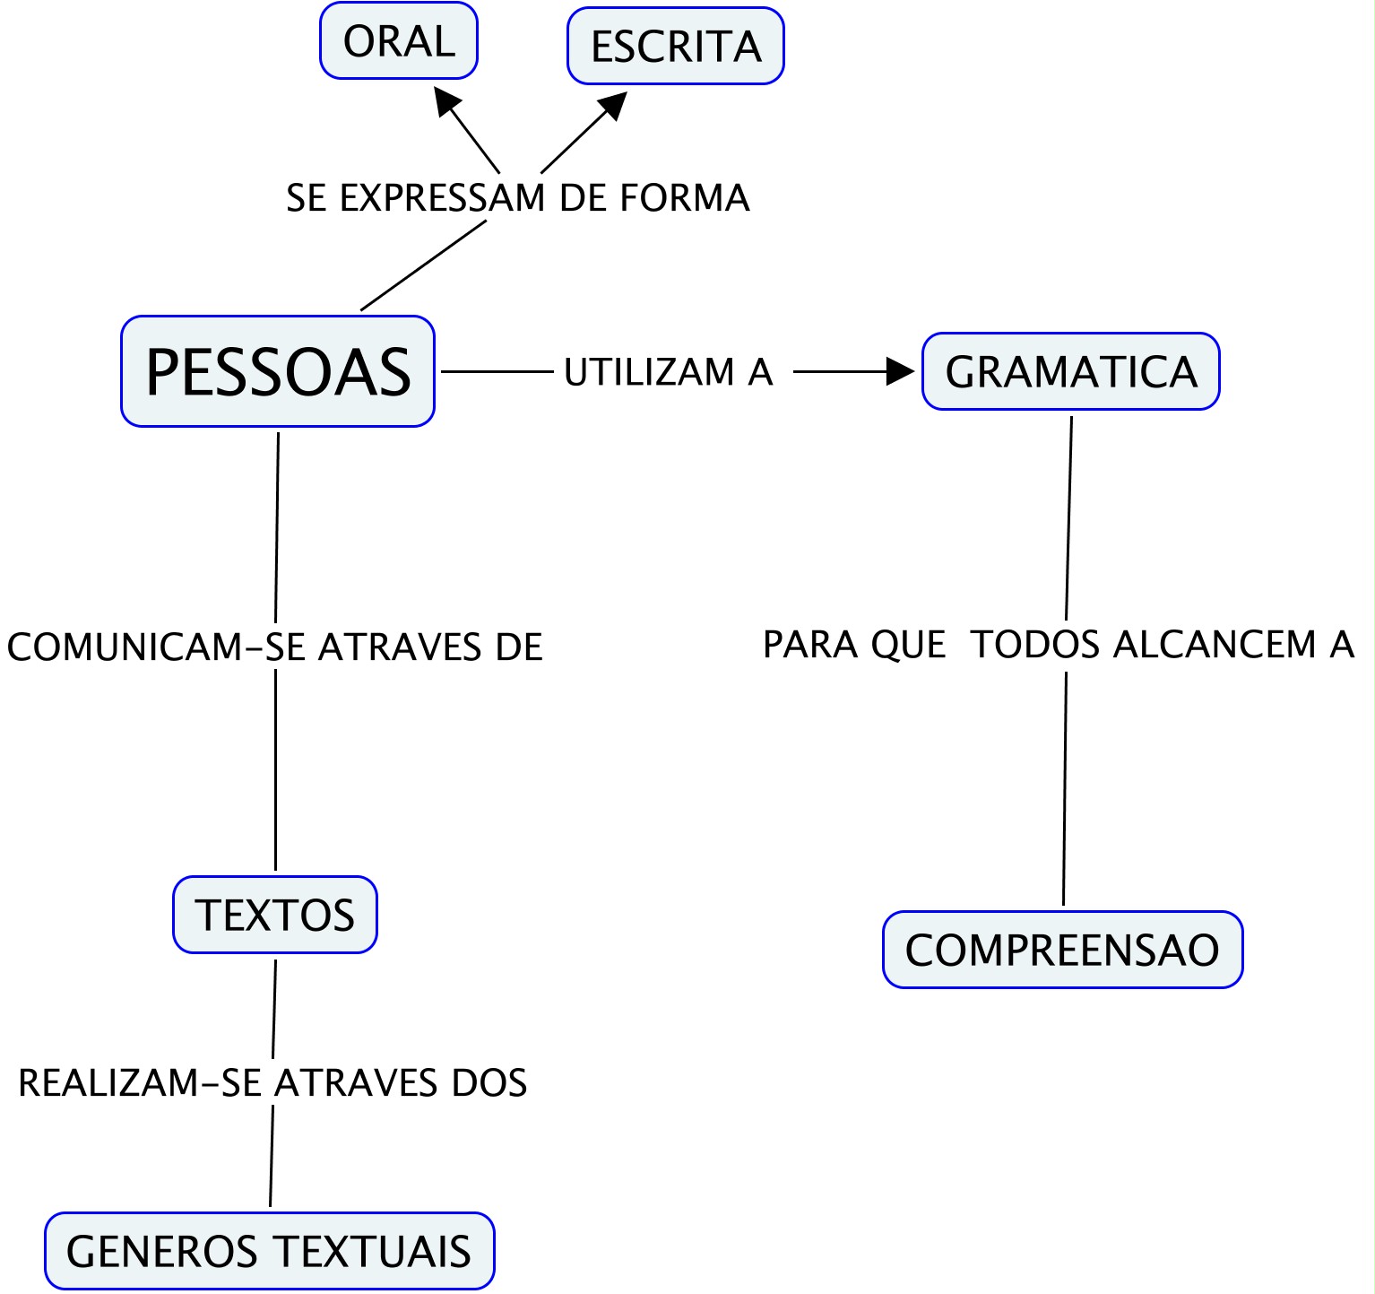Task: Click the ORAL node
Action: coord(399,40)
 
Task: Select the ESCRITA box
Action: coord(676,46)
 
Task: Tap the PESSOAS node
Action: coord(278,371)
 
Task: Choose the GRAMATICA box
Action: coord(1071,371)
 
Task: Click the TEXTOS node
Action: coord(275,915)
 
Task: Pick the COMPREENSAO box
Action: coord(1062,950)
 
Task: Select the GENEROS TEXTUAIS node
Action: coord(269,1251)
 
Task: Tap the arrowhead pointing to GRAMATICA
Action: coord(900,371)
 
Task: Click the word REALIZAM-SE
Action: coord(142,1083)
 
